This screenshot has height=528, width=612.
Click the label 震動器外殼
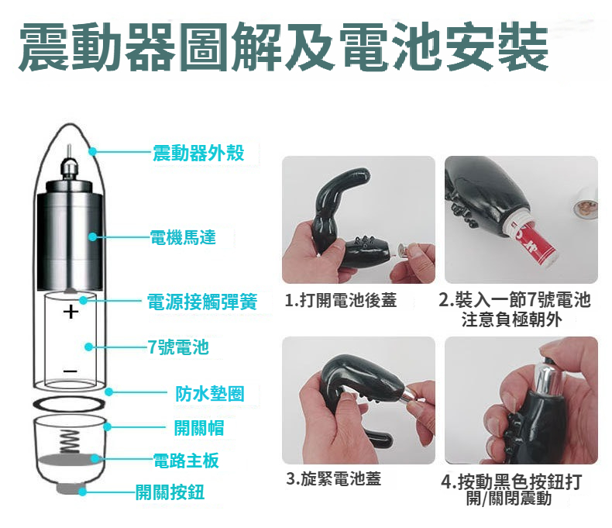coord(198,153)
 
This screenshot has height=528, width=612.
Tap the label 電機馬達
coord(183,237)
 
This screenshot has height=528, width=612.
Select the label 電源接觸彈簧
coord(202,302)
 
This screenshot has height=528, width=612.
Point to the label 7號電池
coord(178,347)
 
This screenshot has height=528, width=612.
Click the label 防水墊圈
coord(210,394)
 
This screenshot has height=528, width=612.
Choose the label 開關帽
coord(198,428)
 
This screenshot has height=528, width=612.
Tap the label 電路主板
coord(186,461)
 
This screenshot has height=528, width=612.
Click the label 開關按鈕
coord(170,492)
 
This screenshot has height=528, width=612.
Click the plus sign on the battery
coord(70,312)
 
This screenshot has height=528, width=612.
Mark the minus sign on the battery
coord(70,371)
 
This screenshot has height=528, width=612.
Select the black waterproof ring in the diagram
coord(69,404)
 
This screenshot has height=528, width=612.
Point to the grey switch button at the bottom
coord(70,488)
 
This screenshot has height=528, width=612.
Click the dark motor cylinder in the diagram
coord(70,236)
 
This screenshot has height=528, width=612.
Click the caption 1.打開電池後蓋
coord(341,300)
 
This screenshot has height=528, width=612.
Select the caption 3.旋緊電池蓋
coord(333,478)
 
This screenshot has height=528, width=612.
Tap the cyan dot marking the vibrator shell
coord(92,151)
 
